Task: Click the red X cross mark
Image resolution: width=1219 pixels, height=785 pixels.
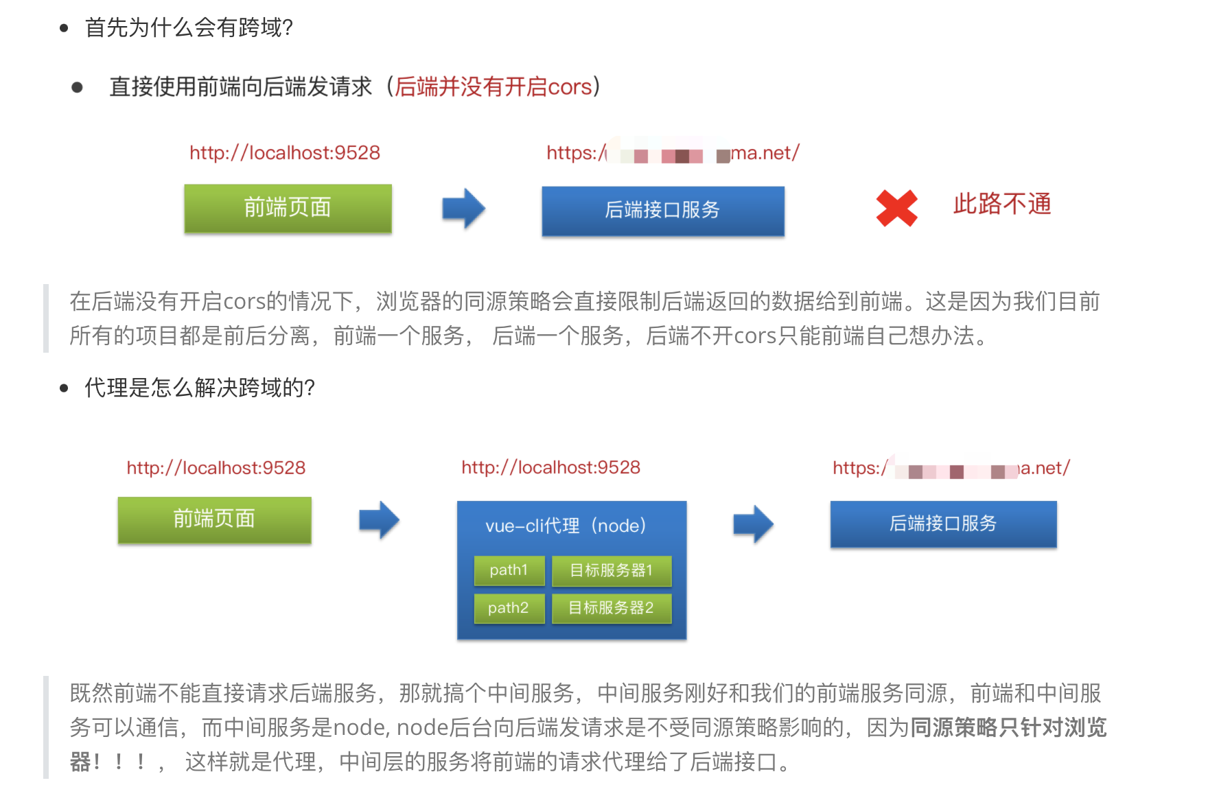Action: [896, 208]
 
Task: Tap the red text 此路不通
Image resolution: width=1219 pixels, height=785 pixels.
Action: [1001, 204]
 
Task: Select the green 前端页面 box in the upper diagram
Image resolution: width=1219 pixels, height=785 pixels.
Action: [288, 208]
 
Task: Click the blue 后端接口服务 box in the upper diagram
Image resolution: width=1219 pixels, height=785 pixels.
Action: [662, 211]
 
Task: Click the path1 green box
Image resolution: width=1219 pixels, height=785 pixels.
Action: [509, 570]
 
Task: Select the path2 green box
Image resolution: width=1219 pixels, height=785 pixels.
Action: [509, 608]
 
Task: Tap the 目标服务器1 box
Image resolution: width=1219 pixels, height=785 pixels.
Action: [611, 570]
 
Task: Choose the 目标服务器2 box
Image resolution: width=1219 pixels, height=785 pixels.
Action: [611, 608]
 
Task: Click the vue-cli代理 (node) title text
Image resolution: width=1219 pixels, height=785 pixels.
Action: [566, 526]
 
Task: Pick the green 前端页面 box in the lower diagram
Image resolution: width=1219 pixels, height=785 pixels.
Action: [214, 519]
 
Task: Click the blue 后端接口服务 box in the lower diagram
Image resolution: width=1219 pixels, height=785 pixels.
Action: [943, 524]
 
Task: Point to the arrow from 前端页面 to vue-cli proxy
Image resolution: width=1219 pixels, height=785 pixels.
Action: [379, 519]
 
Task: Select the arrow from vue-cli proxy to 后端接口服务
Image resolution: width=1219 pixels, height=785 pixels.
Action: [753, 524]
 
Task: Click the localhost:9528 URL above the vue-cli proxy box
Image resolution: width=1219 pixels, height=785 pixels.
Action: [550, 468]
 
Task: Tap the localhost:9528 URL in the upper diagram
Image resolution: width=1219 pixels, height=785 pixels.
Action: [285, 153]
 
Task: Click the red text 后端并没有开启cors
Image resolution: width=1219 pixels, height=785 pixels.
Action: [493, 87]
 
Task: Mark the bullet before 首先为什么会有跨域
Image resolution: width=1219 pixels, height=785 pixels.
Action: [65, 28]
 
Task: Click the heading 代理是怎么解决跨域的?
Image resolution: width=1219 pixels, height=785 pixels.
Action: [199, 388]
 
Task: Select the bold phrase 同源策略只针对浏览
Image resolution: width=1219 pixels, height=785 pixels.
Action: [1008, 727]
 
